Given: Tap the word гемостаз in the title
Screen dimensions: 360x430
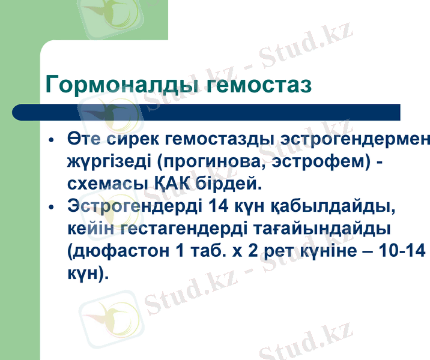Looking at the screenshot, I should click(259, 84).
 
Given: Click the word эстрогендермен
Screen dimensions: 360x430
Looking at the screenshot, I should click(355, 139).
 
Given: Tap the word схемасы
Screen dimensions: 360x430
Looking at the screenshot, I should click(106, 182).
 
